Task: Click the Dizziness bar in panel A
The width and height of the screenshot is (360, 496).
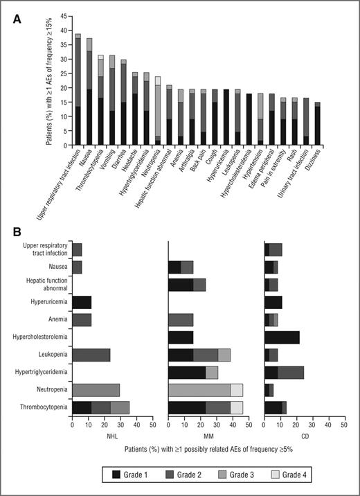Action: click(x=318, y=124)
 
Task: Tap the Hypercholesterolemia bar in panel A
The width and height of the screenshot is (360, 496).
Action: click(x=249, y=114)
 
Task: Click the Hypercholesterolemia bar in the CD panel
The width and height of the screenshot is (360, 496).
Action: click(x=282, y=337)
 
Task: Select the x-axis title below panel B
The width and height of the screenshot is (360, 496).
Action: click(x=208, y=450)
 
